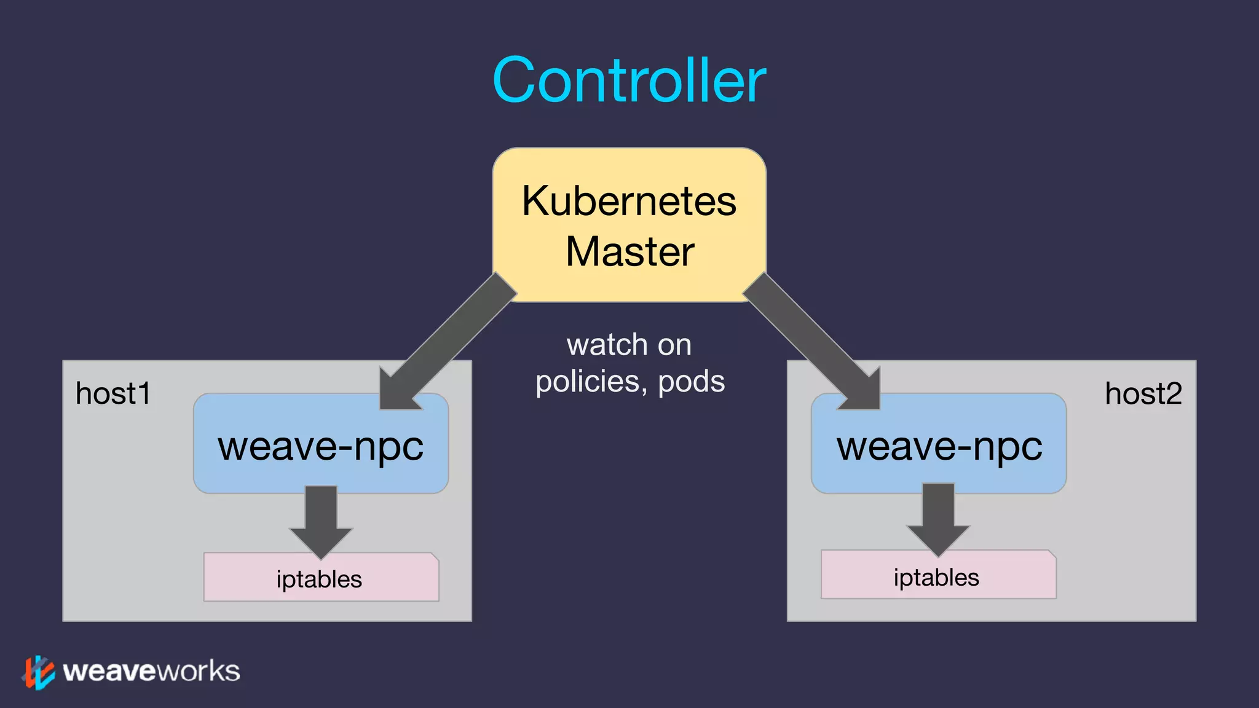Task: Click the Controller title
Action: click(629, 81)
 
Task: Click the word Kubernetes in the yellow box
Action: click(629, 202)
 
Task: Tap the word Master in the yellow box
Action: click(629, 252)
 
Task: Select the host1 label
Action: click(113, 393)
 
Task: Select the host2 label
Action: click(1143, 393)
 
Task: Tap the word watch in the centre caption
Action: click(607, 345)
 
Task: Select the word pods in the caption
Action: click(691, 382)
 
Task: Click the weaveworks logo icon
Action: click(38, 672)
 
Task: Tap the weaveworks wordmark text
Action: click(151, 671)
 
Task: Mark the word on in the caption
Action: click(674, 345)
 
